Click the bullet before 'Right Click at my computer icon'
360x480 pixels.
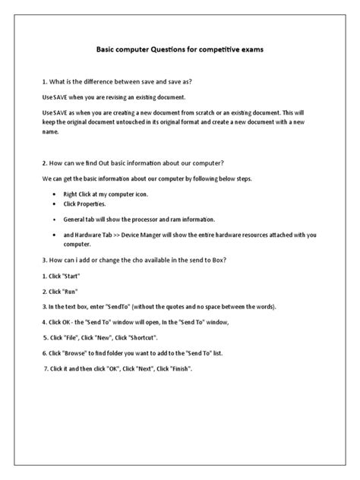[x=55, y=194]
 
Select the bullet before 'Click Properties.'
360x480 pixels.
[x=55, y=204]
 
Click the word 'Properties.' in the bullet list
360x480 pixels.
[x=90, y=204]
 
